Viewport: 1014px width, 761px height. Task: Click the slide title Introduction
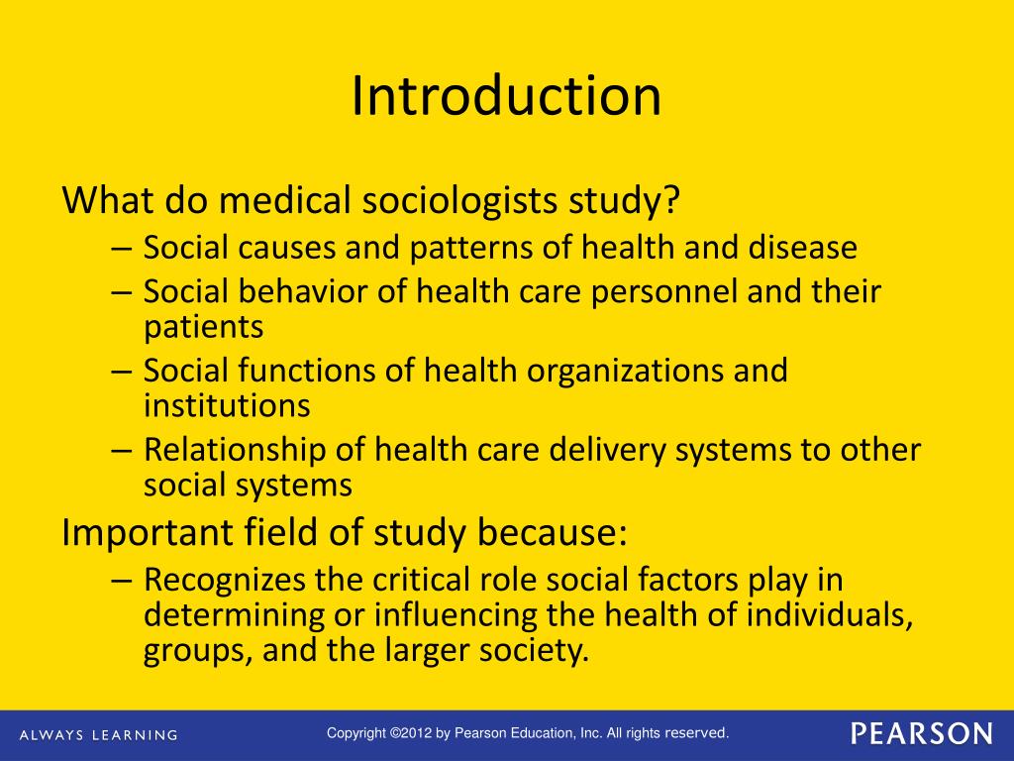[506, 96]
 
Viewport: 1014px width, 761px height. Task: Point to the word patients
[203, 327]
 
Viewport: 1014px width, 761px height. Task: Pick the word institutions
[227, 404]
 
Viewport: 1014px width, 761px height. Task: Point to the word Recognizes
[225, 581]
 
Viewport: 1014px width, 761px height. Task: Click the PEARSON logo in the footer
[921, 734]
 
